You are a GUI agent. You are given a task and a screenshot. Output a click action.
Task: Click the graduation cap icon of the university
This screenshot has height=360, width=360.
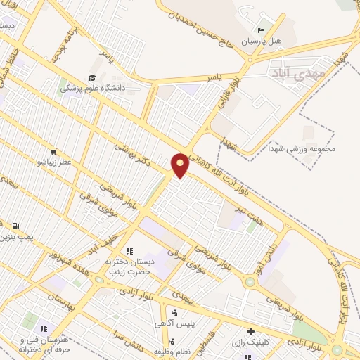(x=91, y=78)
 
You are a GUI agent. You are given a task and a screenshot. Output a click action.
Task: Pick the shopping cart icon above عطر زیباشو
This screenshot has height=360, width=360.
(x=53, y=151)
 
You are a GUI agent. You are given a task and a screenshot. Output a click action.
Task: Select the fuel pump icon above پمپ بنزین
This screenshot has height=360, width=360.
(x=14, y=226)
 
